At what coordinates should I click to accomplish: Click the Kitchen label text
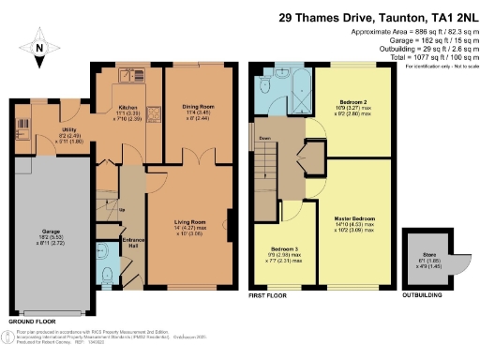[x=128, y=110]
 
